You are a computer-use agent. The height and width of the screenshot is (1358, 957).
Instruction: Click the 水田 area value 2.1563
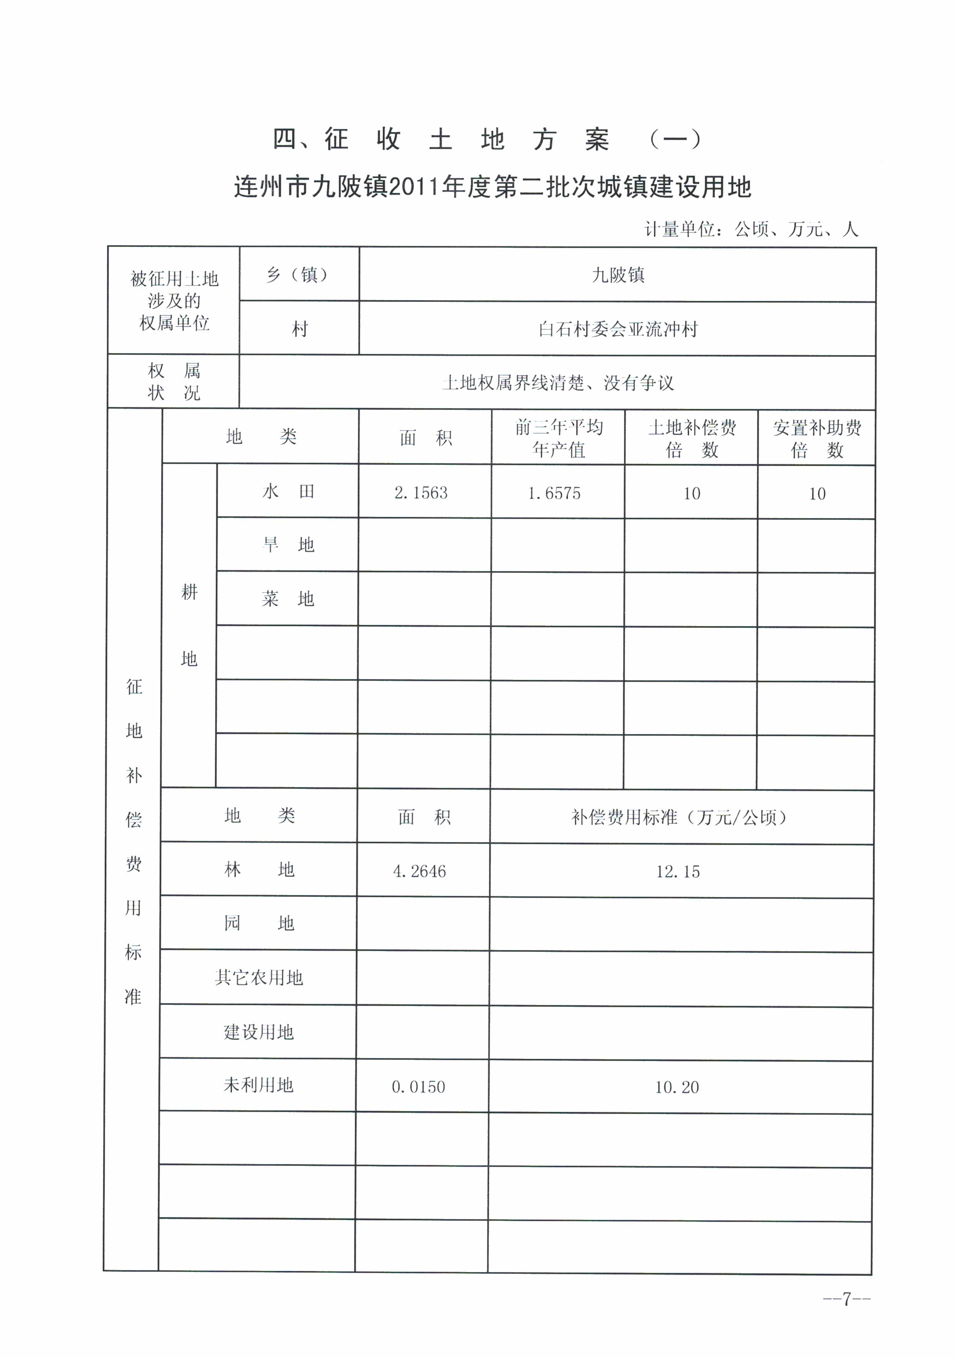coord(421,493)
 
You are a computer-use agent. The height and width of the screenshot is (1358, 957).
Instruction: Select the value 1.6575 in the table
coord(554,493)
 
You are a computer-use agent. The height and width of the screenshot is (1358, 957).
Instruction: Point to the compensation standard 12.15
coord(677,871)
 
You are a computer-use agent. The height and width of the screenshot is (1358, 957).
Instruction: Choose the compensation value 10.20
coord(677,1087)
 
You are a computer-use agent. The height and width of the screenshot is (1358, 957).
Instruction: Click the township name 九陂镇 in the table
coord(618,275)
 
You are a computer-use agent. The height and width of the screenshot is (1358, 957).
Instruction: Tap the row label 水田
coord(288,492)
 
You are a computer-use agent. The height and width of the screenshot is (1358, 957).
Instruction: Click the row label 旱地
coord(288,545)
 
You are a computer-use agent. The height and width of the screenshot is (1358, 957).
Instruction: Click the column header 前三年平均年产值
coord(559,438)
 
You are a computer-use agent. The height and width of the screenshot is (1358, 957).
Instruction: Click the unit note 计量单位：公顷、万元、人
coord(751,229)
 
